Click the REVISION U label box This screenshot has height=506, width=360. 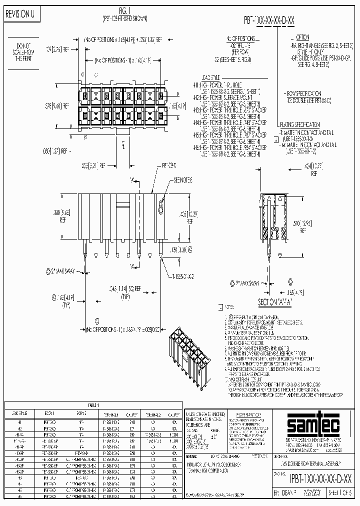pyautogui.click(x=20, y=14)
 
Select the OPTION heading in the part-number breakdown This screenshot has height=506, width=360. pyautogui.click(x=302, y=37)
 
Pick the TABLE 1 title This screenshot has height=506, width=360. pyautogui.click(x=93, y=405)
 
